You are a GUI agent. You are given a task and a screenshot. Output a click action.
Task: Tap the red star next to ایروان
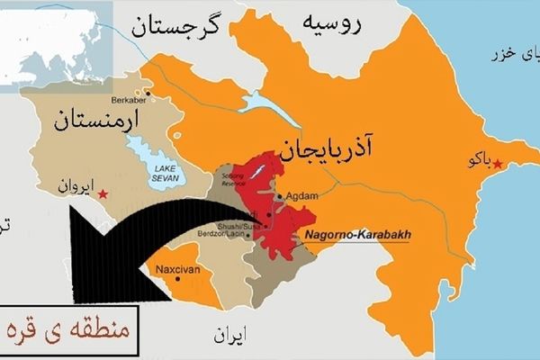coord(104,193)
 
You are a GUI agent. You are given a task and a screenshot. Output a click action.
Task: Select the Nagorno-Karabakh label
coord(357,236)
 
